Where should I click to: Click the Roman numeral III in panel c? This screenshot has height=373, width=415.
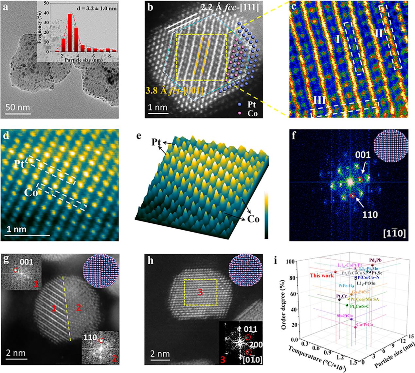(319, 99)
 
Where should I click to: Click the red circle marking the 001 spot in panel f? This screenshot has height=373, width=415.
(360, 179)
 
